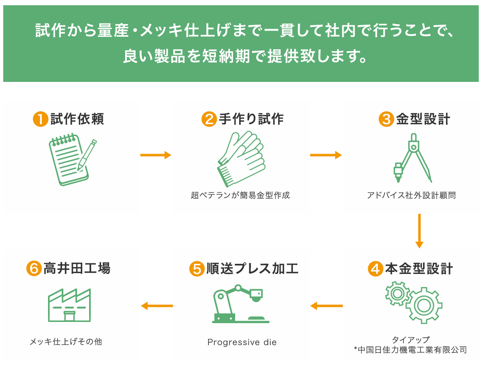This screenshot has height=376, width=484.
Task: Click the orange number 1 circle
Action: pyautogui.click(x=40, y=119)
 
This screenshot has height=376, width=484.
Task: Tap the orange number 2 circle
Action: pyautogui.click(x=209, y=119)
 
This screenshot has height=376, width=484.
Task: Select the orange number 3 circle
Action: pyautogui.click(x=386, y=119)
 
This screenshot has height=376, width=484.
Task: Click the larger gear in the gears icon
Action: pyautogui.click(x=423, y=305)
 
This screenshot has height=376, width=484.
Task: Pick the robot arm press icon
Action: pyautogui.click(x=240, y=304)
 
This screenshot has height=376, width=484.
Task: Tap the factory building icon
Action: pyautogui.click(x=69, y=305)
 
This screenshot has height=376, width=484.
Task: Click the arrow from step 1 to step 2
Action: pyautogui.click(x=156, y=155)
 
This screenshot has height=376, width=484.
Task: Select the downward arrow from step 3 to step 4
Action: pyautogui.click(x=419, y=231)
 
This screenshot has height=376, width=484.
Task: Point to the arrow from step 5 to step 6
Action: pyautogui.click(x=157, y=306)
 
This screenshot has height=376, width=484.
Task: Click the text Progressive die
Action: pyautogui.click(x=242, y=343)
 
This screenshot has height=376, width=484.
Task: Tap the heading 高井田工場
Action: pyautogui.click(x=77, y=269)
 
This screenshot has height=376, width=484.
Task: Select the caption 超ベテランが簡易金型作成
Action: pyautogui.click(x=240, y=196)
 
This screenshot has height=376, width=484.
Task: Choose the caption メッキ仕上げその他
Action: pyautogui.click(x=66, y=342)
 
